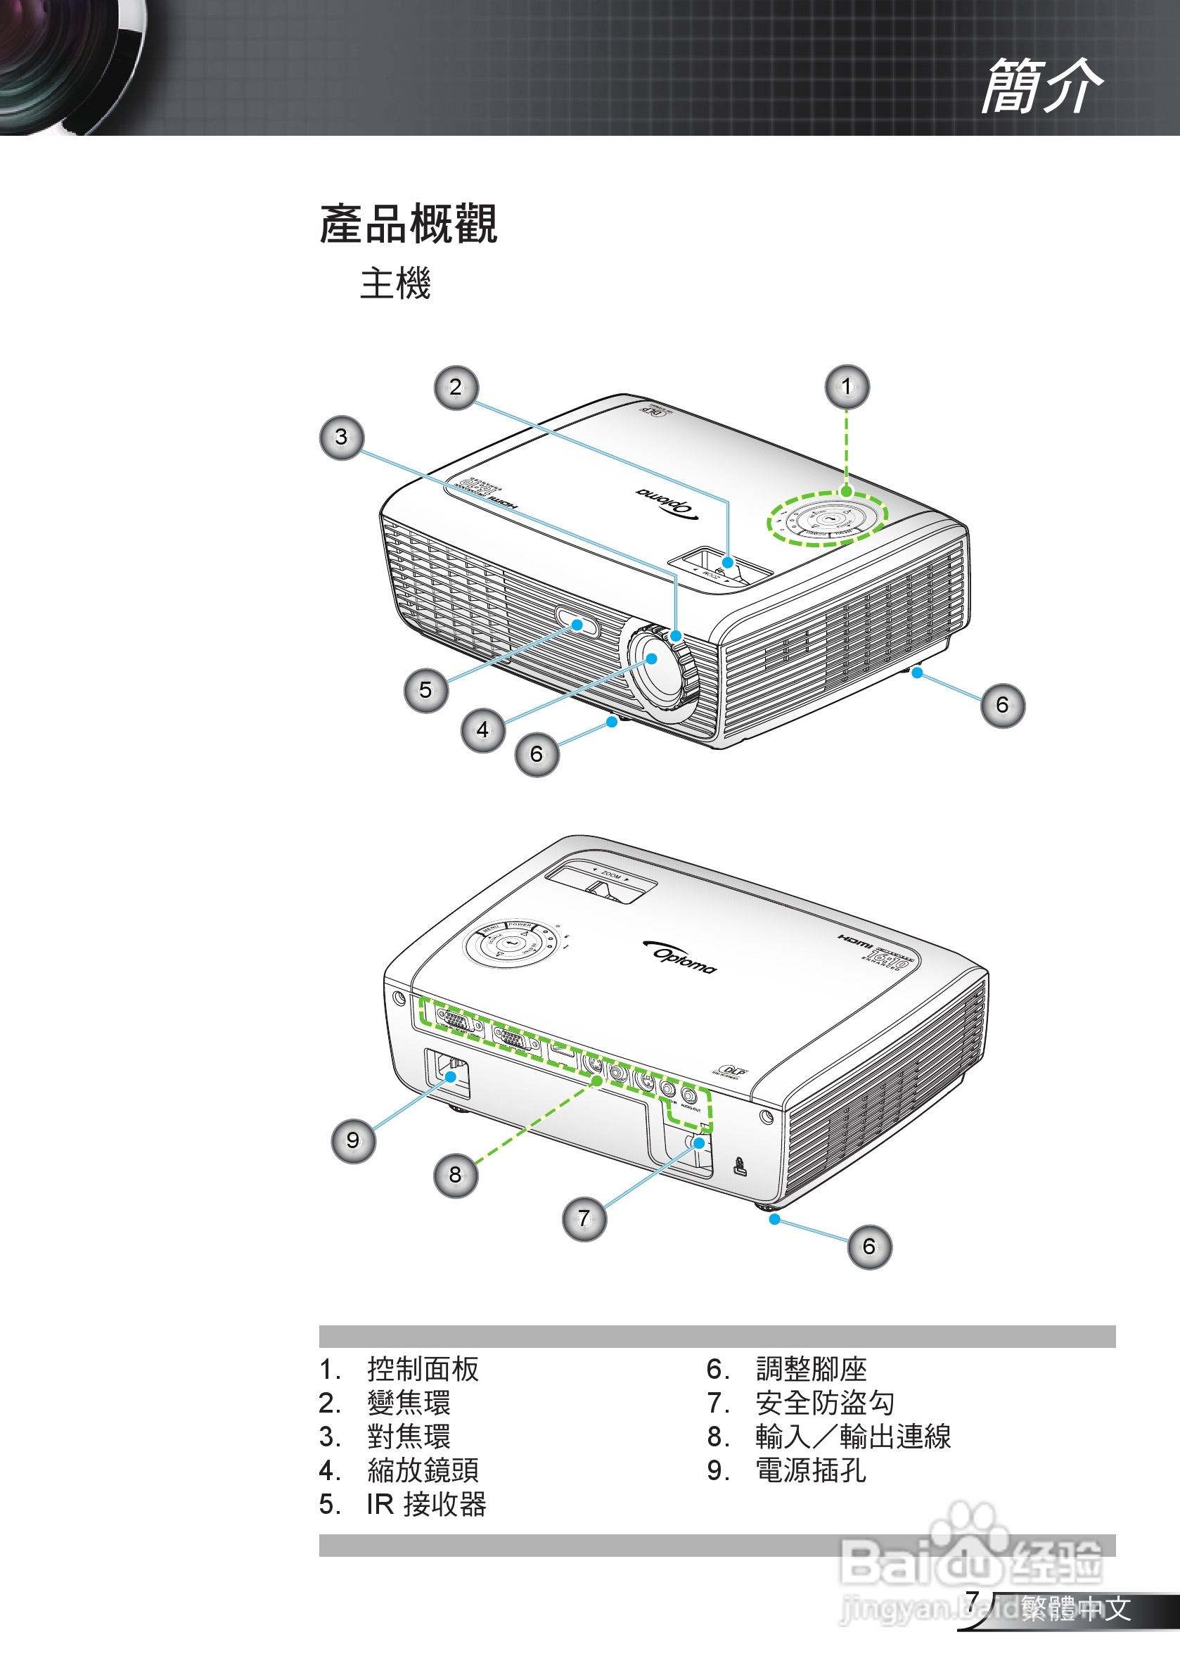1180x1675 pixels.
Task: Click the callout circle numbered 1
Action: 847,387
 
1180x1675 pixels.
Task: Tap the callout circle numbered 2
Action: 456,388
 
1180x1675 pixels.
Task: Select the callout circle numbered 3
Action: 341,437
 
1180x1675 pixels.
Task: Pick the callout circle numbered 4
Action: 483,730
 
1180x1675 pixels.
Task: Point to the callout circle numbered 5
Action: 426,689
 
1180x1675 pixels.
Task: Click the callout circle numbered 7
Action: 584,1218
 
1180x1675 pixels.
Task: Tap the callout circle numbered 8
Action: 455,1175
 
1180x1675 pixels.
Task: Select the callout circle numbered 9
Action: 353,1140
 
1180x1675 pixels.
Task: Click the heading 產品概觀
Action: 409,224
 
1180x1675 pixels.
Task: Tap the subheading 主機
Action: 395,283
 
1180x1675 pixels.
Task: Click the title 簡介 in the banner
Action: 1041,86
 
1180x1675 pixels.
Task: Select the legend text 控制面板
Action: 423,1368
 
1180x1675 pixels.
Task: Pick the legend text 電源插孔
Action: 811,1470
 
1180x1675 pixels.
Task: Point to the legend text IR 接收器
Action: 426,1504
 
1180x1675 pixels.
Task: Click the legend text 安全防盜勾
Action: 825,1402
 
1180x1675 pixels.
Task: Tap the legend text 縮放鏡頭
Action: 423,1470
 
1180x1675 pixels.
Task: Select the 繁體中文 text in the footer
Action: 1077,1609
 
